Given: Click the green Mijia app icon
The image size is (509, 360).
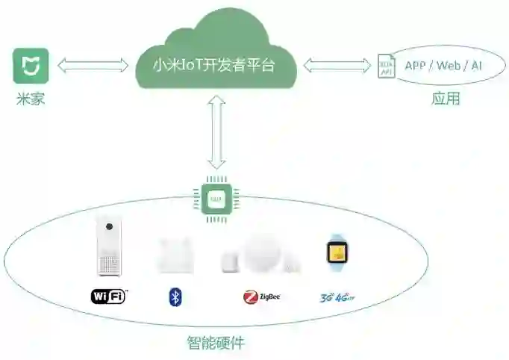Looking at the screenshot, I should click(31, 66).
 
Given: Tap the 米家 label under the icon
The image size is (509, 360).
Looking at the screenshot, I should click(31, 98).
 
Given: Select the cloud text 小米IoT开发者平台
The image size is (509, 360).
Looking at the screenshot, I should click(213, 66).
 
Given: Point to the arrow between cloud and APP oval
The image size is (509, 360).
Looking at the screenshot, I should click(337, 66).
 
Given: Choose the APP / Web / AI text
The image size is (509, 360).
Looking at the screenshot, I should click(443, 65).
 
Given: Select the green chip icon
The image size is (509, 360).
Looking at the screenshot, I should click(216, 197).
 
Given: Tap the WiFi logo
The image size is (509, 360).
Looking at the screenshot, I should click(109, 297).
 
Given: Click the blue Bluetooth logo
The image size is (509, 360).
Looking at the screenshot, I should click(175, 297).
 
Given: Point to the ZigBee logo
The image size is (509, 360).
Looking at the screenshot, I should click(261, 297).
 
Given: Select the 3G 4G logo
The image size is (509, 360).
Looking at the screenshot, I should click(335, 297).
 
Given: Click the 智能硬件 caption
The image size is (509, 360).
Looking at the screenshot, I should click(216, 344).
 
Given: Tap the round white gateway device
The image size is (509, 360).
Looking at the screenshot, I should click(263, 251).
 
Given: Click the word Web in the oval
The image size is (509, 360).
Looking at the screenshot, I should click(448, 65).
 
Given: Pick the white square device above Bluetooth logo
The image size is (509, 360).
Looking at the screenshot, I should click(175, 254).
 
